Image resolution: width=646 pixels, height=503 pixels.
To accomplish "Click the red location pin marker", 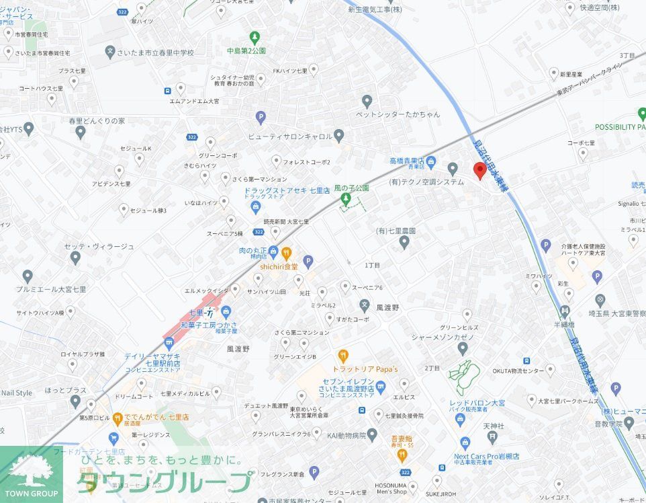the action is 479,170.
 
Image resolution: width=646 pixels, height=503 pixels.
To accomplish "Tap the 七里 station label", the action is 197,313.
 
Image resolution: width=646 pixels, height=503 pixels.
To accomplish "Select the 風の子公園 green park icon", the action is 345,199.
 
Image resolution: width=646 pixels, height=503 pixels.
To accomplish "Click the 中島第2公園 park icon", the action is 255,37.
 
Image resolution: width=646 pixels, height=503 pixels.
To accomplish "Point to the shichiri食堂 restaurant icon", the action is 287,253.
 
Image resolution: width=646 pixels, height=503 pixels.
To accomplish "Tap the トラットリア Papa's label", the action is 365,369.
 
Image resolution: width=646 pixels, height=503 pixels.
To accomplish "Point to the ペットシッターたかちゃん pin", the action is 367,102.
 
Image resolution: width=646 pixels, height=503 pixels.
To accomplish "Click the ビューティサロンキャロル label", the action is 290,136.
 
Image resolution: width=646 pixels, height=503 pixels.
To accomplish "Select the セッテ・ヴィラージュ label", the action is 99,247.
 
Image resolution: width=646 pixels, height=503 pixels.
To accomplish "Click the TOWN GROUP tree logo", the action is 31,471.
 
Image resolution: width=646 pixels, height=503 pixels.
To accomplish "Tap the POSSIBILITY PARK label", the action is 620,127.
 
